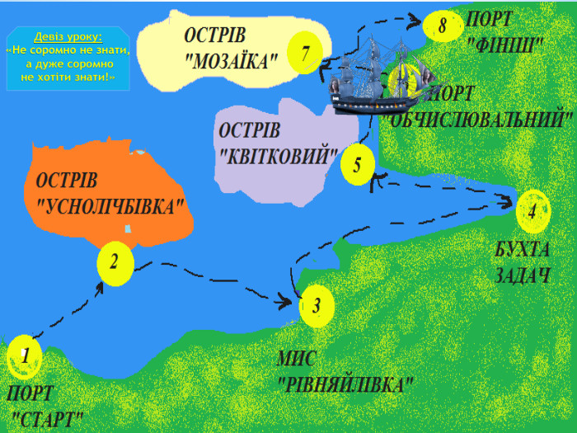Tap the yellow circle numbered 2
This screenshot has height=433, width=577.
click(x=115, y=263)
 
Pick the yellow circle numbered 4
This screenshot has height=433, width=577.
click(x=532, y=210)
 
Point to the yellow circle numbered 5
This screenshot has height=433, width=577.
click(x=358, y=164)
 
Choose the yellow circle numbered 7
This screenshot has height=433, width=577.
click(x=306, y=54)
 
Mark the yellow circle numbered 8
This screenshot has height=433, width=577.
click(x=442, y=26)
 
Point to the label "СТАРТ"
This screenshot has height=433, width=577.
click(x=49, y=417)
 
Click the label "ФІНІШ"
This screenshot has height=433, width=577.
click(x=505, y=42)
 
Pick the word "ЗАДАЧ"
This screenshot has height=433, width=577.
click(x=522, y=275)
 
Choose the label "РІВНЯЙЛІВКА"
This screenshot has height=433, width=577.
click(x=345, y=384)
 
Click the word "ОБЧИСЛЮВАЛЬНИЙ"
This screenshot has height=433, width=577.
click(x=483, y=118)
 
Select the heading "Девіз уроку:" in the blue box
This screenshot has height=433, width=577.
click(x=68, y=37)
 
